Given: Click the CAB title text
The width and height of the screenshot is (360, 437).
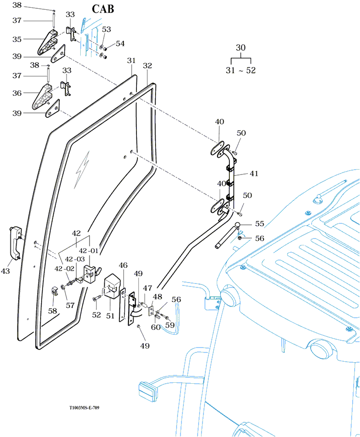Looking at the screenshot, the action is click(103, 9).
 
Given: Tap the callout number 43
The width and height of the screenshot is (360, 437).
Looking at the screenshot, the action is click(5, 271).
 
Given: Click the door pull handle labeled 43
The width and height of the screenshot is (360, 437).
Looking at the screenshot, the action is click(16, 242).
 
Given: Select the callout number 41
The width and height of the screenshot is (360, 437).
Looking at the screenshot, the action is click(254, 174).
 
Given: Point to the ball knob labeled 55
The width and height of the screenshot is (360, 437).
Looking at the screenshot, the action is click(238, 225).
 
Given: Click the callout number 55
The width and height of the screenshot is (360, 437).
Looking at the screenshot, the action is click(259, 223).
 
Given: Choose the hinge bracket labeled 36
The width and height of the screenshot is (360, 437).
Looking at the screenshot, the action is click(42, 96).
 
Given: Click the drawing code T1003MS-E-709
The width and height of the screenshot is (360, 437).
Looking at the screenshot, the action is click(84, 408).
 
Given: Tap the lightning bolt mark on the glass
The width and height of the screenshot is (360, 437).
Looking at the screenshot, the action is click(82, 169).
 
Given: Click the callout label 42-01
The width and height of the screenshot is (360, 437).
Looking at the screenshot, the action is click(89, 251).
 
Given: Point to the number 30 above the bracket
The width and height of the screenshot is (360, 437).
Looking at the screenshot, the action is click(241, 47).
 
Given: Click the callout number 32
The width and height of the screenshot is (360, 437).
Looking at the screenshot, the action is click(147, 66).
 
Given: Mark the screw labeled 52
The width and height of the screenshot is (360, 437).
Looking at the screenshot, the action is click(97, 298).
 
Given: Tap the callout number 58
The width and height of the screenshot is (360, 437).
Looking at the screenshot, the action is click(52, 310).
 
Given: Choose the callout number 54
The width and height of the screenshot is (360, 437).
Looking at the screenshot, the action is click(120, 44).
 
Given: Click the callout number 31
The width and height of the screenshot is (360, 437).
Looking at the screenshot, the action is click(131, 61).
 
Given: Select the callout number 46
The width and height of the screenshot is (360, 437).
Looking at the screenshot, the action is click(123, 265).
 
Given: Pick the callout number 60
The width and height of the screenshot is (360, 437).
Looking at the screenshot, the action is click(156, 327).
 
